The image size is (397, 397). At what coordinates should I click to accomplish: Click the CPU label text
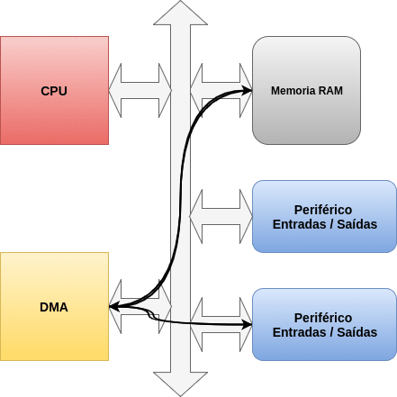[54, 91]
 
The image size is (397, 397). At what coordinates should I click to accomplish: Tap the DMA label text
[54, 307]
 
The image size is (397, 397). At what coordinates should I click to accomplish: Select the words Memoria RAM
[307, 91]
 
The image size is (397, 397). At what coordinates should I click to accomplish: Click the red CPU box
[54, 90]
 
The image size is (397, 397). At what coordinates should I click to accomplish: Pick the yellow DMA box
[54, 306]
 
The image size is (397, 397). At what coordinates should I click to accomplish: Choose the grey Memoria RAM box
[306, 90]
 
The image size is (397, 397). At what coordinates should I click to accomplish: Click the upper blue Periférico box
[324, 216]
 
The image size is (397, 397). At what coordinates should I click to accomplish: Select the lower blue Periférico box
[324, 324]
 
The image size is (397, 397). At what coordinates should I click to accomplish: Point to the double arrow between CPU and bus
[140, 90]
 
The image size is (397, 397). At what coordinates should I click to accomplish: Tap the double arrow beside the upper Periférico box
[221, 216]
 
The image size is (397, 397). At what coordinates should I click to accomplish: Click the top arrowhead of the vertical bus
[180, 14]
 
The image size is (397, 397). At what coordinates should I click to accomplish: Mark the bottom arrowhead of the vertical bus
[180, 383]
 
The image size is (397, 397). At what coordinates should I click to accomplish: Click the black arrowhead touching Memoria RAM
[247, 90]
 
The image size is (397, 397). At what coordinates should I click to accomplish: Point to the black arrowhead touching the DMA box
[114, 307]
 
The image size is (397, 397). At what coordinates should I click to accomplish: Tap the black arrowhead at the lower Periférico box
[247, 324]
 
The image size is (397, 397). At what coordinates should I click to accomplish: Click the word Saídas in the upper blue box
[357, 224]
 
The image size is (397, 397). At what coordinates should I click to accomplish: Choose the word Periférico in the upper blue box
[323, 210]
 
